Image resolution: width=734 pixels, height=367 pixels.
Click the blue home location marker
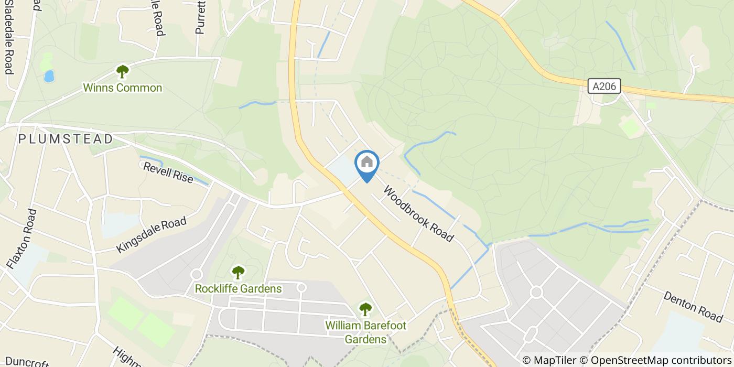point(367,164)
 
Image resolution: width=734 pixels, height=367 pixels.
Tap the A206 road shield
point(604,87)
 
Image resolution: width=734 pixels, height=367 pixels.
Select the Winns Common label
point(123,88)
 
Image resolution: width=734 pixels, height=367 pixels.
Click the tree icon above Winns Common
point(123,71)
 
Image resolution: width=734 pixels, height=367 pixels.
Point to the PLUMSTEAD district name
point(66,139)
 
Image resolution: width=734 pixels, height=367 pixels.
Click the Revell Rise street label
point(168,172)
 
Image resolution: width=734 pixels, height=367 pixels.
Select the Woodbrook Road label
point(418,213)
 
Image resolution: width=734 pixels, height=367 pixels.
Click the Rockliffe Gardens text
point(238,288)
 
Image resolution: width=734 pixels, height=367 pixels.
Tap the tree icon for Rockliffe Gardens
point(238,272)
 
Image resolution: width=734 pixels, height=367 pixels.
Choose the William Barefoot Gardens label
point(365,332)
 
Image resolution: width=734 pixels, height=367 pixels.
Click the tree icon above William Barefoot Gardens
point(365,309)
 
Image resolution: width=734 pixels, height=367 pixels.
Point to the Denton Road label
point(693,307)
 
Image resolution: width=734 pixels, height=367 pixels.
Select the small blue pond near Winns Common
point(49,77)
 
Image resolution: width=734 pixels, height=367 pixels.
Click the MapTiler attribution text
point(549,360)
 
